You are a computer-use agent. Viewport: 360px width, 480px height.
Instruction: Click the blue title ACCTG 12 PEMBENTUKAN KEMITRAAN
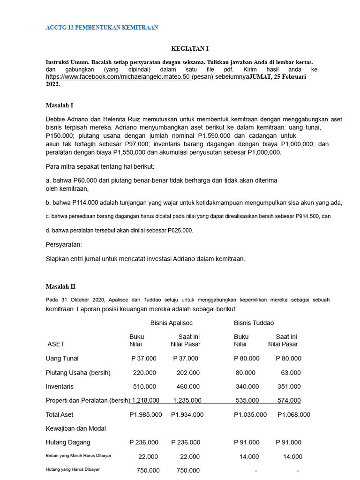pos(102,28)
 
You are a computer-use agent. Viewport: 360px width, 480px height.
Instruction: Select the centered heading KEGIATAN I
pos(190,49)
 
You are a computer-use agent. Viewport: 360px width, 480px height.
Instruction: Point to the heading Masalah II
pos(60,286)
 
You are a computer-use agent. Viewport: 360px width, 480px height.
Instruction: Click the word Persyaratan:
pos(64,245)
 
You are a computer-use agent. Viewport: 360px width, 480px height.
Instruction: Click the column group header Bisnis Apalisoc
pos(172,323)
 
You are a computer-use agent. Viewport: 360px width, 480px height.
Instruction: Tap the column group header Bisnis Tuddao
pos(254,323)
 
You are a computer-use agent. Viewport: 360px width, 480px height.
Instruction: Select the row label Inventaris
pos(60,387)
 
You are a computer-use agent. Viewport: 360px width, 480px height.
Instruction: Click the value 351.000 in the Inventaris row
pos(289,387)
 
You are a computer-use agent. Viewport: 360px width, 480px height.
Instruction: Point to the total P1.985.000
pos(146,415)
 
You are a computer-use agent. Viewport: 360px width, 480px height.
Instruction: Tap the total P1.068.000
pos(294,415)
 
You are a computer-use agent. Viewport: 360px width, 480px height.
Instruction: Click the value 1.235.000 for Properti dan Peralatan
pos(187,401)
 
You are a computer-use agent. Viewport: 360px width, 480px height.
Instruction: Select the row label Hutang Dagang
pos(68,442)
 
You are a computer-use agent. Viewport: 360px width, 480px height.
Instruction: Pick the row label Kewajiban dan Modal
pos(75,428)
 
